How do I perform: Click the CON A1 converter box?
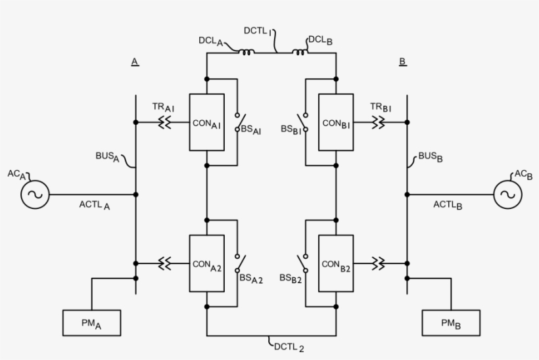[x=206, y=122]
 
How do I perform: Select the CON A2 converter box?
[x=206, y=263]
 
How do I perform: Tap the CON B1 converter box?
[x=335, y=122]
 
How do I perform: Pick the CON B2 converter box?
[x=335, y=263]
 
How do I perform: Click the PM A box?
[x=92, y=323]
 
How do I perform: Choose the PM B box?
[x=451, y=323]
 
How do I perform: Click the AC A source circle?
[x=34, y=194]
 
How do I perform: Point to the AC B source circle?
[x=507, y=194]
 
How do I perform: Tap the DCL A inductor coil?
[x=246, y=52]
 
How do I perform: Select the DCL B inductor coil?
[x=300, y=52]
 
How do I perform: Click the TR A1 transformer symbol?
[x=164, y=122]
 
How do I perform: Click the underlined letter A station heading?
[x=135, y=62]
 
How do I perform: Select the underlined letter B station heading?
[x=402, y=62]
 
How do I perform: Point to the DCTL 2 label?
[x=289, y=346]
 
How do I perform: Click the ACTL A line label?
[x=95, y=205]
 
